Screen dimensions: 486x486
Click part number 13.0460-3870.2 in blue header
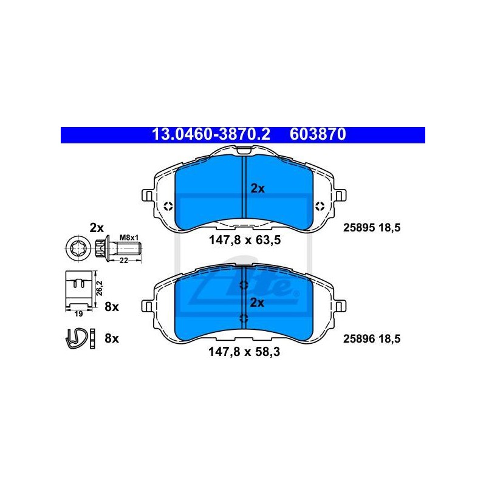[x=211, y=134]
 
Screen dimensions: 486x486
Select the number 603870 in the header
[x=318, y=134]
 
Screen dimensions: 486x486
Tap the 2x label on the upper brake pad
[x=258, y=188]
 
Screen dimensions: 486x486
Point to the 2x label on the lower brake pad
[x=257, y=303]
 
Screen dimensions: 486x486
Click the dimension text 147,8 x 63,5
[x=245, y=240]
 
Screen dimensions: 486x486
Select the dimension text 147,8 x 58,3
[x=244, y=352]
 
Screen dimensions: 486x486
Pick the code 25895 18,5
[x=372, y=228]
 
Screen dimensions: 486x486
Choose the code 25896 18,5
[x=372, y=339]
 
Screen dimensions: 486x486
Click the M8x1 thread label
[x=129, y=238]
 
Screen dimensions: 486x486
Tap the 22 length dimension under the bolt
[x=124, y=261]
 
